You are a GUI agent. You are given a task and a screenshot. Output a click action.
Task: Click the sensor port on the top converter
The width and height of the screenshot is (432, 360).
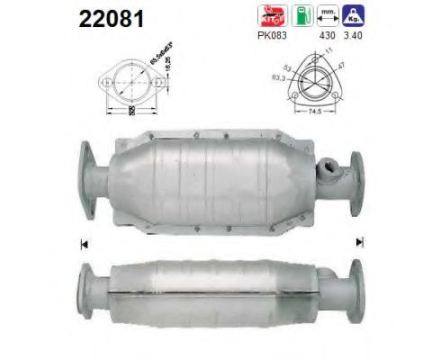(x=328, y=166)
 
